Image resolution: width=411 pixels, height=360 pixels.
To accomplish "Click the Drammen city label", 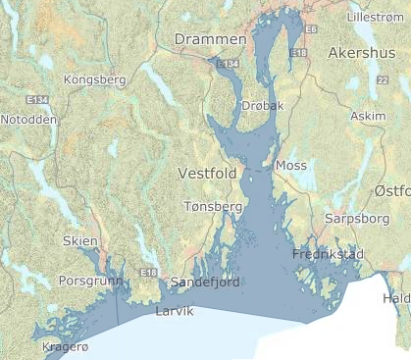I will click(x=210, y=38).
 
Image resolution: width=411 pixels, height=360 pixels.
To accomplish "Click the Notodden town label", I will click(x=28, y=119).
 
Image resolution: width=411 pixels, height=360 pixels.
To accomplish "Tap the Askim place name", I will click(x=368, y=116).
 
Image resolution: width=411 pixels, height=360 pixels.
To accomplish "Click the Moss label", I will click(x=291, y=165).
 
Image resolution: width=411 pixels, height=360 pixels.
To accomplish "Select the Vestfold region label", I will click(x=208, y=173).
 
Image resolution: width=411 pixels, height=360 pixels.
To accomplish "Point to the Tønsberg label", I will click(x=213, y=207).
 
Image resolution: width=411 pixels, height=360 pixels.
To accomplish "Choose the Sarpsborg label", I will click(x=350, y=218).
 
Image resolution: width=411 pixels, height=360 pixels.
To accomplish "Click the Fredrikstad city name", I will click(x=328, y=254).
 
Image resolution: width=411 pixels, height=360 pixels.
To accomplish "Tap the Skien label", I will click(x=80, y=241).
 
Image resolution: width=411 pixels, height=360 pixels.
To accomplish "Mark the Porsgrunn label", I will click(x=90, y=280).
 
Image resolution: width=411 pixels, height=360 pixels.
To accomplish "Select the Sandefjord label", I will click(x=205, y=282).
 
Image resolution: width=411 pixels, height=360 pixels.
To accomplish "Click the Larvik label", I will click(x=175, y=311).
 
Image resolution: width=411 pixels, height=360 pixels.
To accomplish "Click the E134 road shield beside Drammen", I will click(x=228, y=63).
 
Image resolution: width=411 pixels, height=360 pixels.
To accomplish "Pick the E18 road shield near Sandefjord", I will click(x=149, y=272).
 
